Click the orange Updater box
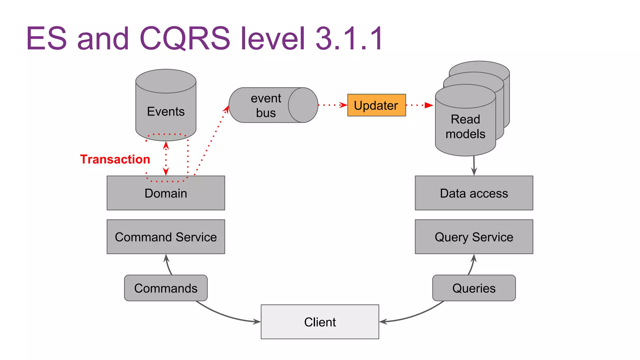[x=376, y=105]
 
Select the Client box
[x=320, y=322]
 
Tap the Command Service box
[x=166, y=237]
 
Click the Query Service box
[x=474, y=237]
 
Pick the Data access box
[x=474, y=193]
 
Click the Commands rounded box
[x=166, y=288]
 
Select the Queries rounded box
[x=474, y=288]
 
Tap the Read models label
[x=465, y=127]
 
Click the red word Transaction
[x=115, y=159]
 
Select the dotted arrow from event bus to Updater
[x=332, y=105]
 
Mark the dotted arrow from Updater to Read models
[x=419, y=105]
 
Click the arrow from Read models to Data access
[x=474, y=166]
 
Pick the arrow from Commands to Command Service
[x=168, y=265]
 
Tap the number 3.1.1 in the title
[x=349, y=38]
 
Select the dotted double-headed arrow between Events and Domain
[x=166, y=158]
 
